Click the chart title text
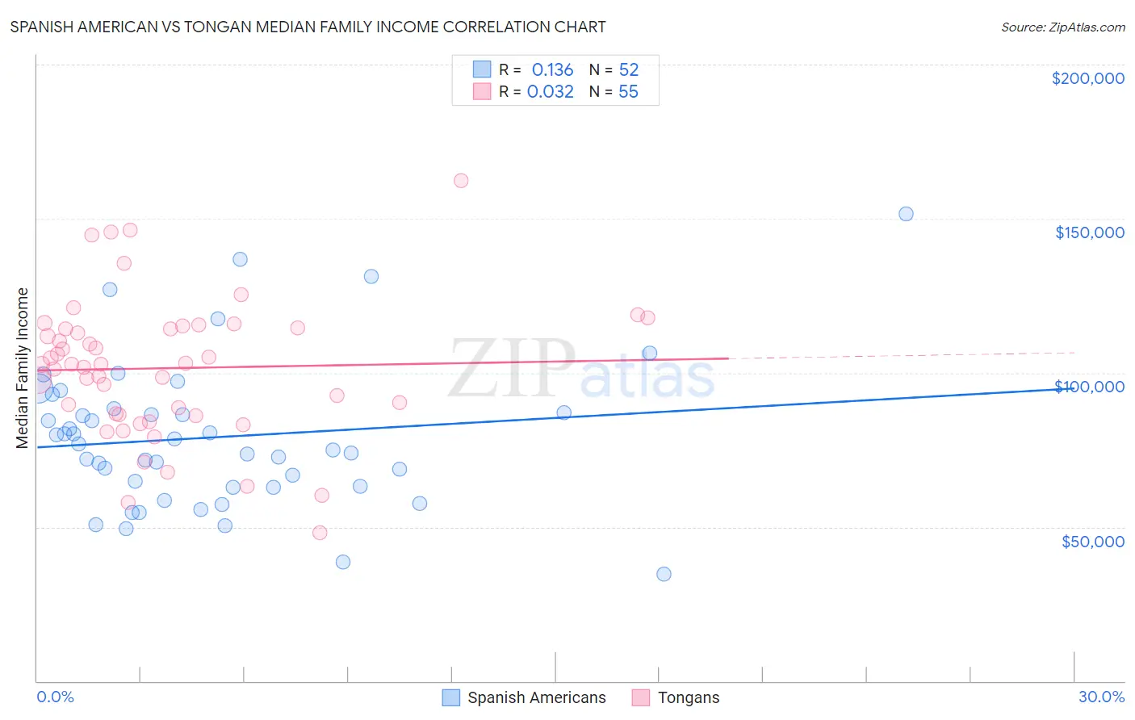point(308,27)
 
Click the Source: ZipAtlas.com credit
point(1062,27)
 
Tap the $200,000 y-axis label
point(1087,78)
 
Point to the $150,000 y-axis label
point(1089,232)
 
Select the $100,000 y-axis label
point(1089,387)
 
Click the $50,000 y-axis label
point(1092,541)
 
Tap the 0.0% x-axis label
point(55,697)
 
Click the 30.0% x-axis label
point(1101,697)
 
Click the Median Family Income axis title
point(23,367)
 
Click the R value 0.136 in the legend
point(552,69)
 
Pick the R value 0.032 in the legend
point(551,91)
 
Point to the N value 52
point(628,69)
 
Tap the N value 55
point(628,91)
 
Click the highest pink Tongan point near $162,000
point(461,181)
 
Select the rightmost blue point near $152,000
point(906,214)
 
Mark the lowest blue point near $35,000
point(664,574)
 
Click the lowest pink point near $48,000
point(320,533)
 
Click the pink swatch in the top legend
point(482,91)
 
